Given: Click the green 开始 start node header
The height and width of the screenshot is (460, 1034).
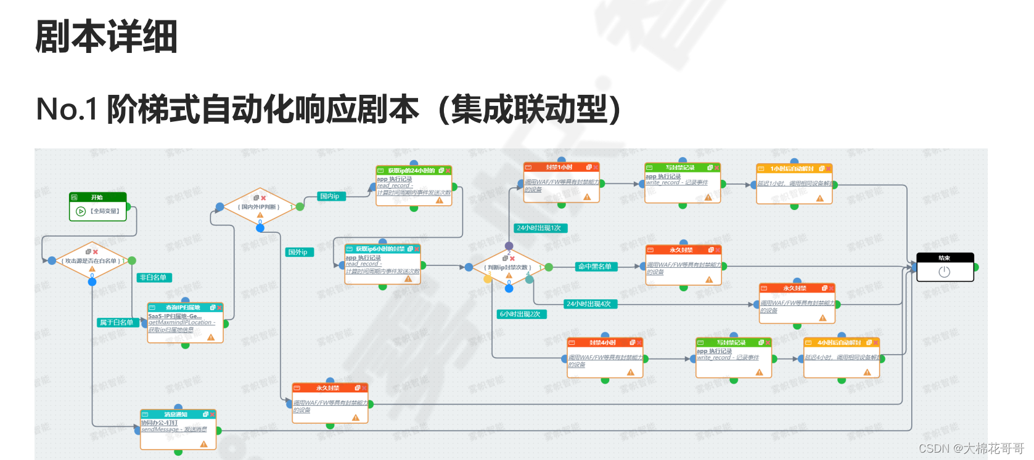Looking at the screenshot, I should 97,197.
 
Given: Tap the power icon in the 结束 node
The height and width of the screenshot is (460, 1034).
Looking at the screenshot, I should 944,272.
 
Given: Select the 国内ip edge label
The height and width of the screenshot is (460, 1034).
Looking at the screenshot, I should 330,196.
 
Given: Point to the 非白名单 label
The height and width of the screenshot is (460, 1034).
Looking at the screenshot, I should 153,278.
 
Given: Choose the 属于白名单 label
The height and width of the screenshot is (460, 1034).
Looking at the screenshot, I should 117,322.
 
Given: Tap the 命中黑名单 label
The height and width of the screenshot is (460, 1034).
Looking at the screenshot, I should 594,267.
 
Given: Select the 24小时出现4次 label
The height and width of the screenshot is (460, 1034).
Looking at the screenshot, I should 589,304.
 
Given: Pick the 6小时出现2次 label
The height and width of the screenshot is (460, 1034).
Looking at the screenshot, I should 520,314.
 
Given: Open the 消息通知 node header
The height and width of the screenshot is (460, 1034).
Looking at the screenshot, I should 177,414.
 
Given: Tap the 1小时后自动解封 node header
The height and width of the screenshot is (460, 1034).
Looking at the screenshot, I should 793,168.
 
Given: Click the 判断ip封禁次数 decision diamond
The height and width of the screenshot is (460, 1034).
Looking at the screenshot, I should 508,267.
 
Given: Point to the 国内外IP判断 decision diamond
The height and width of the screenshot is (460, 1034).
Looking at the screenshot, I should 260,207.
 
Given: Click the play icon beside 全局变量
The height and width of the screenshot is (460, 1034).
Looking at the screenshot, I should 81,211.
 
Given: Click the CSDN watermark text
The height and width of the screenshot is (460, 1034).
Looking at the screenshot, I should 971,448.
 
